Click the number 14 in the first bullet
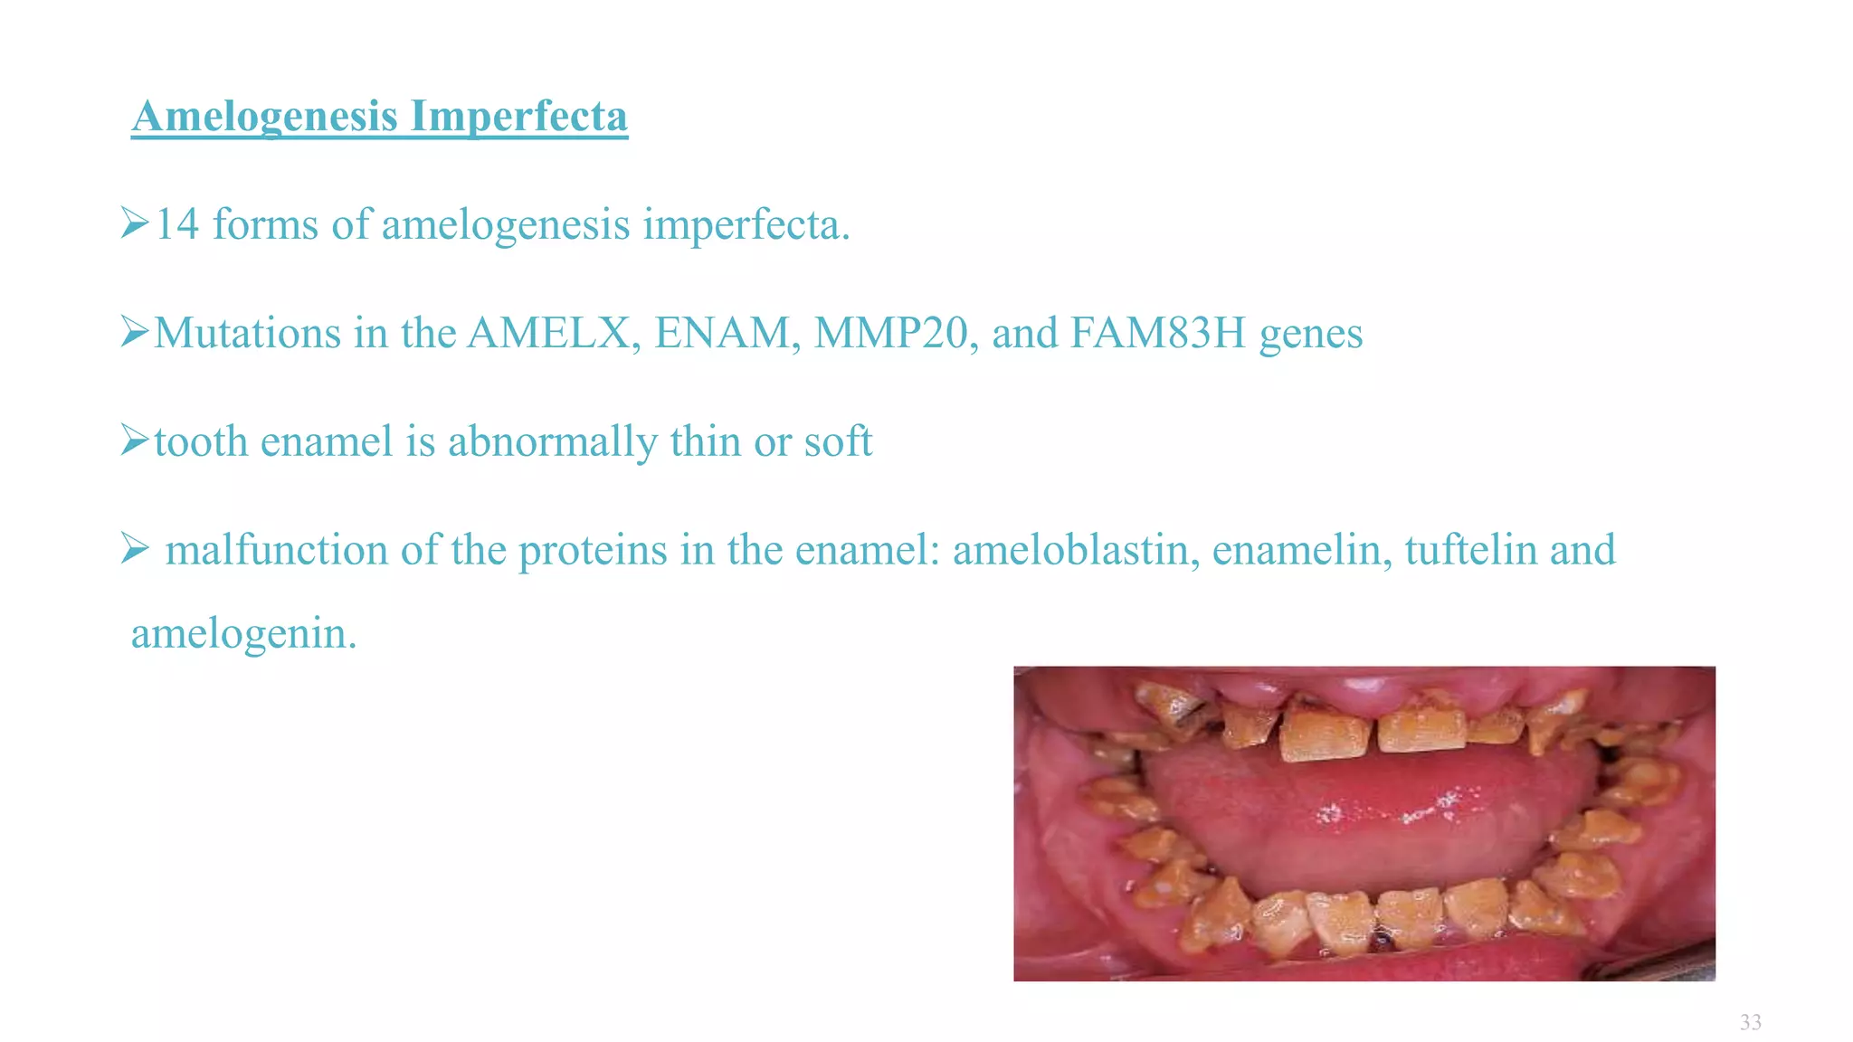[176, 224]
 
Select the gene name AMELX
[548, 333]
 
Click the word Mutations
[247, 333]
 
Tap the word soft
[838, 441]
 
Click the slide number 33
[1750, 1023]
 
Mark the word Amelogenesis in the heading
[265, 117]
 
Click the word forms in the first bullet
[265, 224]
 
